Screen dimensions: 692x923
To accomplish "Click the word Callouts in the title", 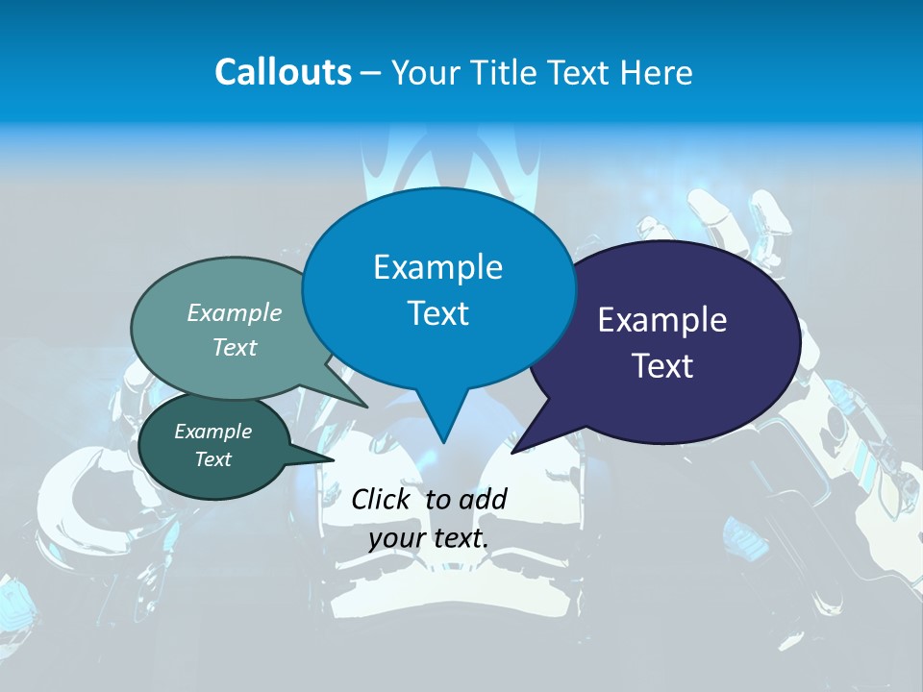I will tap(283, 72).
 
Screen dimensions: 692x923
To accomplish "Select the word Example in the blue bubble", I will tap(437, 267).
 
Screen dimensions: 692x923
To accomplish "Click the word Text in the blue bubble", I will tap(437, 313).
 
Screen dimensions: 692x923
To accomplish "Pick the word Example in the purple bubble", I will tap(662, 320).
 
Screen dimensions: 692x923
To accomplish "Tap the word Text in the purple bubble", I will tap(662, 366).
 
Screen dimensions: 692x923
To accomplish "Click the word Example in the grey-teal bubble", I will tap(235, 312).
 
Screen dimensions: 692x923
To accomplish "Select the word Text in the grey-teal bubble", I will tap(235, 347).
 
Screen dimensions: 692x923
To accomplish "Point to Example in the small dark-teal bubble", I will tap(212, 432).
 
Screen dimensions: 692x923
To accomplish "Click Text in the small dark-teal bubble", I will tap(212, 459).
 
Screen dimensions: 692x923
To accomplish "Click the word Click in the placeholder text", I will tap(383, 499).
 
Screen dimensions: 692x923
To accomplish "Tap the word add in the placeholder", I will tap(484, 499).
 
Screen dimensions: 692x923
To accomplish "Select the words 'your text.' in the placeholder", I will tap(429, 538).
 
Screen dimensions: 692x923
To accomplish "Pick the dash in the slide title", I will tap(371, 72).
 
